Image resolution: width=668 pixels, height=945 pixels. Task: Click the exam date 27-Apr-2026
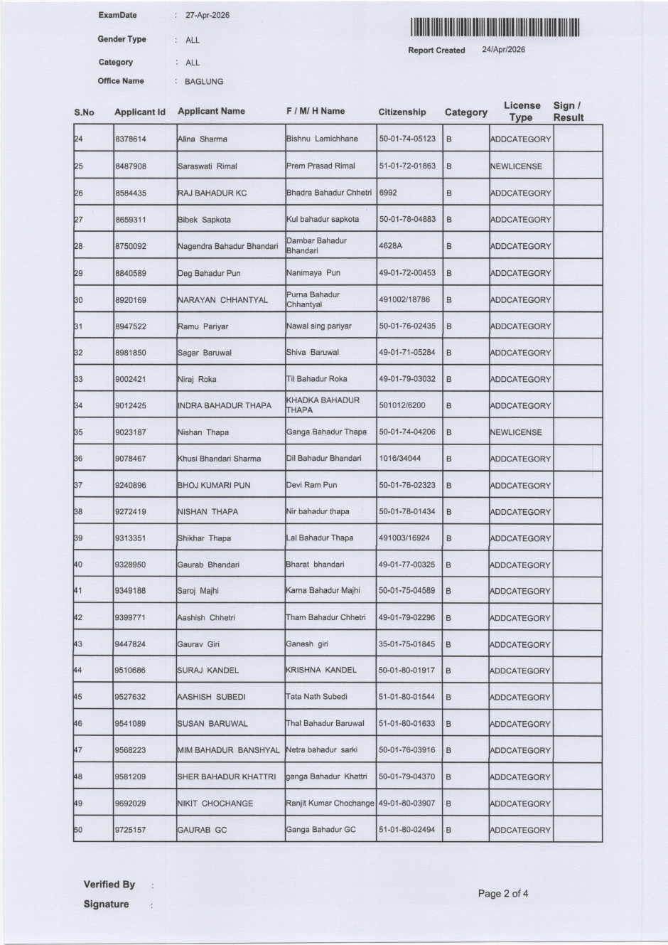[x=207, y=16]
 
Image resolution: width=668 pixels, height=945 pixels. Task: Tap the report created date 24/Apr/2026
[x=503, y=50]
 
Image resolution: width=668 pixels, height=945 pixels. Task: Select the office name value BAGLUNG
[x=204, y=82]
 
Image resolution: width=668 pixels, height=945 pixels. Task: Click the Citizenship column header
[x=402, y=112]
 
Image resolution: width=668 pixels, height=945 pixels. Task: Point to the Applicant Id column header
[x=139, y=112]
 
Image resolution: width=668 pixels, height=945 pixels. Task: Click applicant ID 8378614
[x=130, y=139]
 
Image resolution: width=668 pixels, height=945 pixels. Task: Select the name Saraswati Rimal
[x=207, y=166]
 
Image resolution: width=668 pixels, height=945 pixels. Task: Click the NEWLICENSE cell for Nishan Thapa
[x=516, y=432]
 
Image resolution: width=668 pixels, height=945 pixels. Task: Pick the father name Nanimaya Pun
[x=313, y=273]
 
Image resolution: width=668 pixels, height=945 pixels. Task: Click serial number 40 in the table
[x=78, y=565]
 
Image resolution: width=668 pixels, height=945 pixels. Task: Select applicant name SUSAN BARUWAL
[x=212, y=724]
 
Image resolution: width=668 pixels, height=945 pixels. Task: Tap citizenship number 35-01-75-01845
[x=406, y=644]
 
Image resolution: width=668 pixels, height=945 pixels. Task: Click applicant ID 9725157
[x=130, y=830]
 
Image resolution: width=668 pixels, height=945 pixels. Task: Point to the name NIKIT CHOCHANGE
[x=215, y=803]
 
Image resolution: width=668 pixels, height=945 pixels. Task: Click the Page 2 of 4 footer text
[x=503, y=894]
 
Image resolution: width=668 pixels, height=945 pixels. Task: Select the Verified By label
[x=109, y=885]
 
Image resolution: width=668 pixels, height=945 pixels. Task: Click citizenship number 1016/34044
[x=399, y=459]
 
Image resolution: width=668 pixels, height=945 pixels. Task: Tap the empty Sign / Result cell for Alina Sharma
[x=577, y=139]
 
